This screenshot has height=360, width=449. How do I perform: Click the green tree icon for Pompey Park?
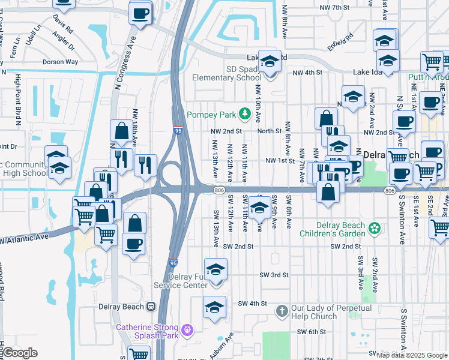(x=245, y=113)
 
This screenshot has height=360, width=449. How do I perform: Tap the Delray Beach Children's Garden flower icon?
(x=375, y=227)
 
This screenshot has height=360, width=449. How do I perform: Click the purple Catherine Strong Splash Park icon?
(x=188, y=329)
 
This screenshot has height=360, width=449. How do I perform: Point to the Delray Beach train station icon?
(x=151, y=307)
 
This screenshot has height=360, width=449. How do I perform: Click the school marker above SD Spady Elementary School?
(x=270, y=62)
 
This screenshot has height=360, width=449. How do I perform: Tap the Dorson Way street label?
(x=60, y=62)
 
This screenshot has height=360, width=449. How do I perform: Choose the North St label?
(x=270, y=131)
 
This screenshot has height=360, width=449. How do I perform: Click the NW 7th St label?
(x=334, y=7)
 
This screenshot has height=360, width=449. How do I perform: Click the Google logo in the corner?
(x=20, y=353)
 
